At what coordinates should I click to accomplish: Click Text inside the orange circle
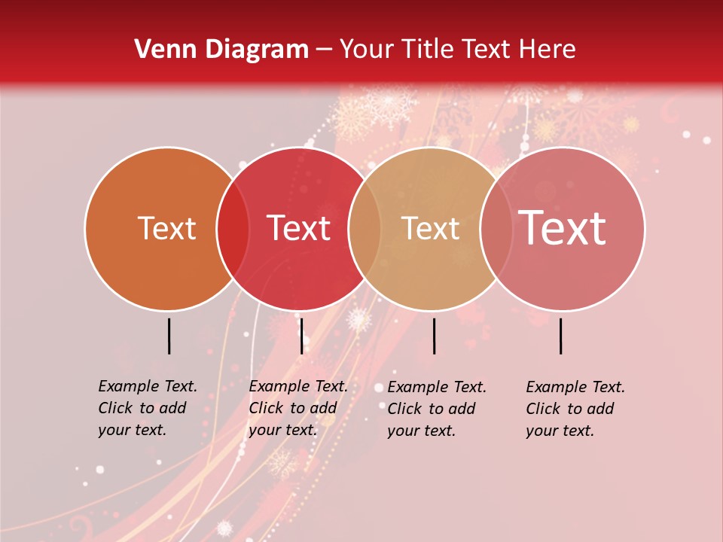pos(166,229)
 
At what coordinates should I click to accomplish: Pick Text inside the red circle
pos(299,229)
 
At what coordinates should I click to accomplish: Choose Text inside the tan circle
pos(431,229)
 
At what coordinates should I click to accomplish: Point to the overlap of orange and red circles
pos(233,229)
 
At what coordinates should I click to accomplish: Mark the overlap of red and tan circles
pos(365,229)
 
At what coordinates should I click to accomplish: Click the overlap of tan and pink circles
pos(494,229)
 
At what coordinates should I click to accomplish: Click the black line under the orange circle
pos(169,336)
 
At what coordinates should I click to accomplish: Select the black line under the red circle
pos(301,336)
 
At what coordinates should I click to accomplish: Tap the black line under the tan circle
pos(434,336)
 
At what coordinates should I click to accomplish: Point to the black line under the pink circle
pos(561,336)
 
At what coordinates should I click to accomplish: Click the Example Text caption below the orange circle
pos(148,408)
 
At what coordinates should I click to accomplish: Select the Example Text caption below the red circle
pos(298,408)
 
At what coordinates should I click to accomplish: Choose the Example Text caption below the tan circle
pos(437,409)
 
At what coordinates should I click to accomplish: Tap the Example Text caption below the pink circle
pos(575,409)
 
